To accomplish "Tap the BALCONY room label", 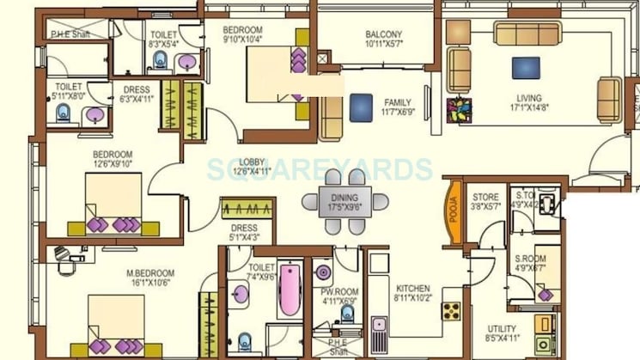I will click(x=383, y=35).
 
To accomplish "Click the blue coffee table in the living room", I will click(x=526, y=68).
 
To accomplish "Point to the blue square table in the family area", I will click(x=359, y=106).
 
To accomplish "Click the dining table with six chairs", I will click(x=345, y=202).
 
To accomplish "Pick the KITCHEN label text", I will click(x=412, y=290).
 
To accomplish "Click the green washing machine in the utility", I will click(x=543, y=324).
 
